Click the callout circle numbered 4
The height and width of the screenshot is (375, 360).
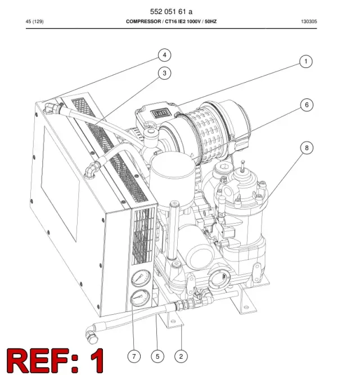(165, 55)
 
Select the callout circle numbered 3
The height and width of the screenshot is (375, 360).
(165, 73)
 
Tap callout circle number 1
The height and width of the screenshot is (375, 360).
(306, 61)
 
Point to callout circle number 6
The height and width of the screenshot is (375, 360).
(307, 105)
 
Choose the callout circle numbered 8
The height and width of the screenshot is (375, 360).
(307, 148)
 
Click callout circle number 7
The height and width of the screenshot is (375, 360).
(134, 356)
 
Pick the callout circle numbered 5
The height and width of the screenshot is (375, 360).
(157, 356)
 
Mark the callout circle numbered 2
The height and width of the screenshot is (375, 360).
(181, 356)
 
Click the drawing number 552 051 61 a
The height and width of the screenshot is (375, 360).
(171, 11)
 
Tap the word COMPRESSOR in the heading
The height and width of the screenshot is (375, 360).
(143, 21)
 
